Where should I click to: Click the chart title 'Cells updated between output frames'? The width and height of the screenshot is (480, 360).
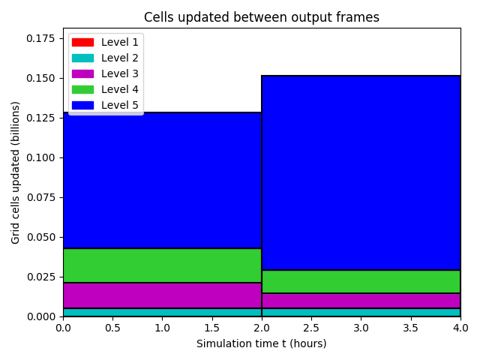pos(262,17)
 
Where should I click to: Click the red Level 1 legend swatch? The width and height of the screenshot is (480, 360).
pos(82,42)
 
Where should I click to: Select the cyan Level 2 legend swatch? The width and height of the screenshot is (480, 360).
pos(82,58)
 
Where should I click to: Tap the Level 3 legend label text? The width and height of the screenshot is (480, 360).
pos(120,73)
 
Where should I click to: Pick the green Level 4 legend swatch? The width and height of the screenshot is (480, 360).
pos(82,89)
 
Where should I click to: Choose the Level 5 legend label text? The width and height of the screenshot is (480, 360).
pos(120,105)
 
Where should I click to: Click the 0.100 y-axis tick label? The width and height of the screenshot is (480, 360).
pos(40,157)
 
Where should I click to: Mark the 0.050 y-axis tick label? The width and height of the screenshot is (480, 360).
pos(40,237)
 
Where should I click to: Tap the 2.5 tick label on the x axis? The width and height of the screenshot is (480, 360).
pos(311,328)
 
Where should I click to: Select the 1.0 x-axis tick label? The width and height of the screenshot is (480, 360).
pos(162,328)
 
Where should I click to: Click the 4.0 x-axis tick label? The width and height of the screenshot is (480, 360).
pos(460,328)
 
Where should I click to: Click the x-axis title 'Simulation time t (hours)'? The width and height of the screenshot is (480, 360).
pos(262,343)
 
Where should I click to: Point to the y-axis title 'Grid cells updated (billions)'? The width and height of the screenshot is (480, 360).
pos(15,172)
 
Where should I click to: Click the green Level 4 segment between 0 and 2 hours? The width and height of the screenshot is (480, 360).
pos(162,265)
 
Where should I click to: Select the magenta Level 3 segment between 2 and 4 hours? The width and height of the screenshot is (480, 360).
pos(361,301)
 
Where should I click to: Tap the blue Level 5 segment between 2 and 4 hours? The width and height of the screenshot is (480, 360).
pos(361,172)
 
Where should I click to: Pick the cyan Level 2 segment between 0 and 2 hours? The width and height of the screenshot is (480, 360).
pos(162,312)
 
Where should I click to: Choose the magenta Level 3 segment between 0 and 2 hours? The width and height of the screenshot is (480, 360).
pos(162,295)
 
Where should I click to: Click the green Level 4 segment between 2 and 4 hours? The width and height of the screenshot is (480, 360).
pos(361,282)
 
